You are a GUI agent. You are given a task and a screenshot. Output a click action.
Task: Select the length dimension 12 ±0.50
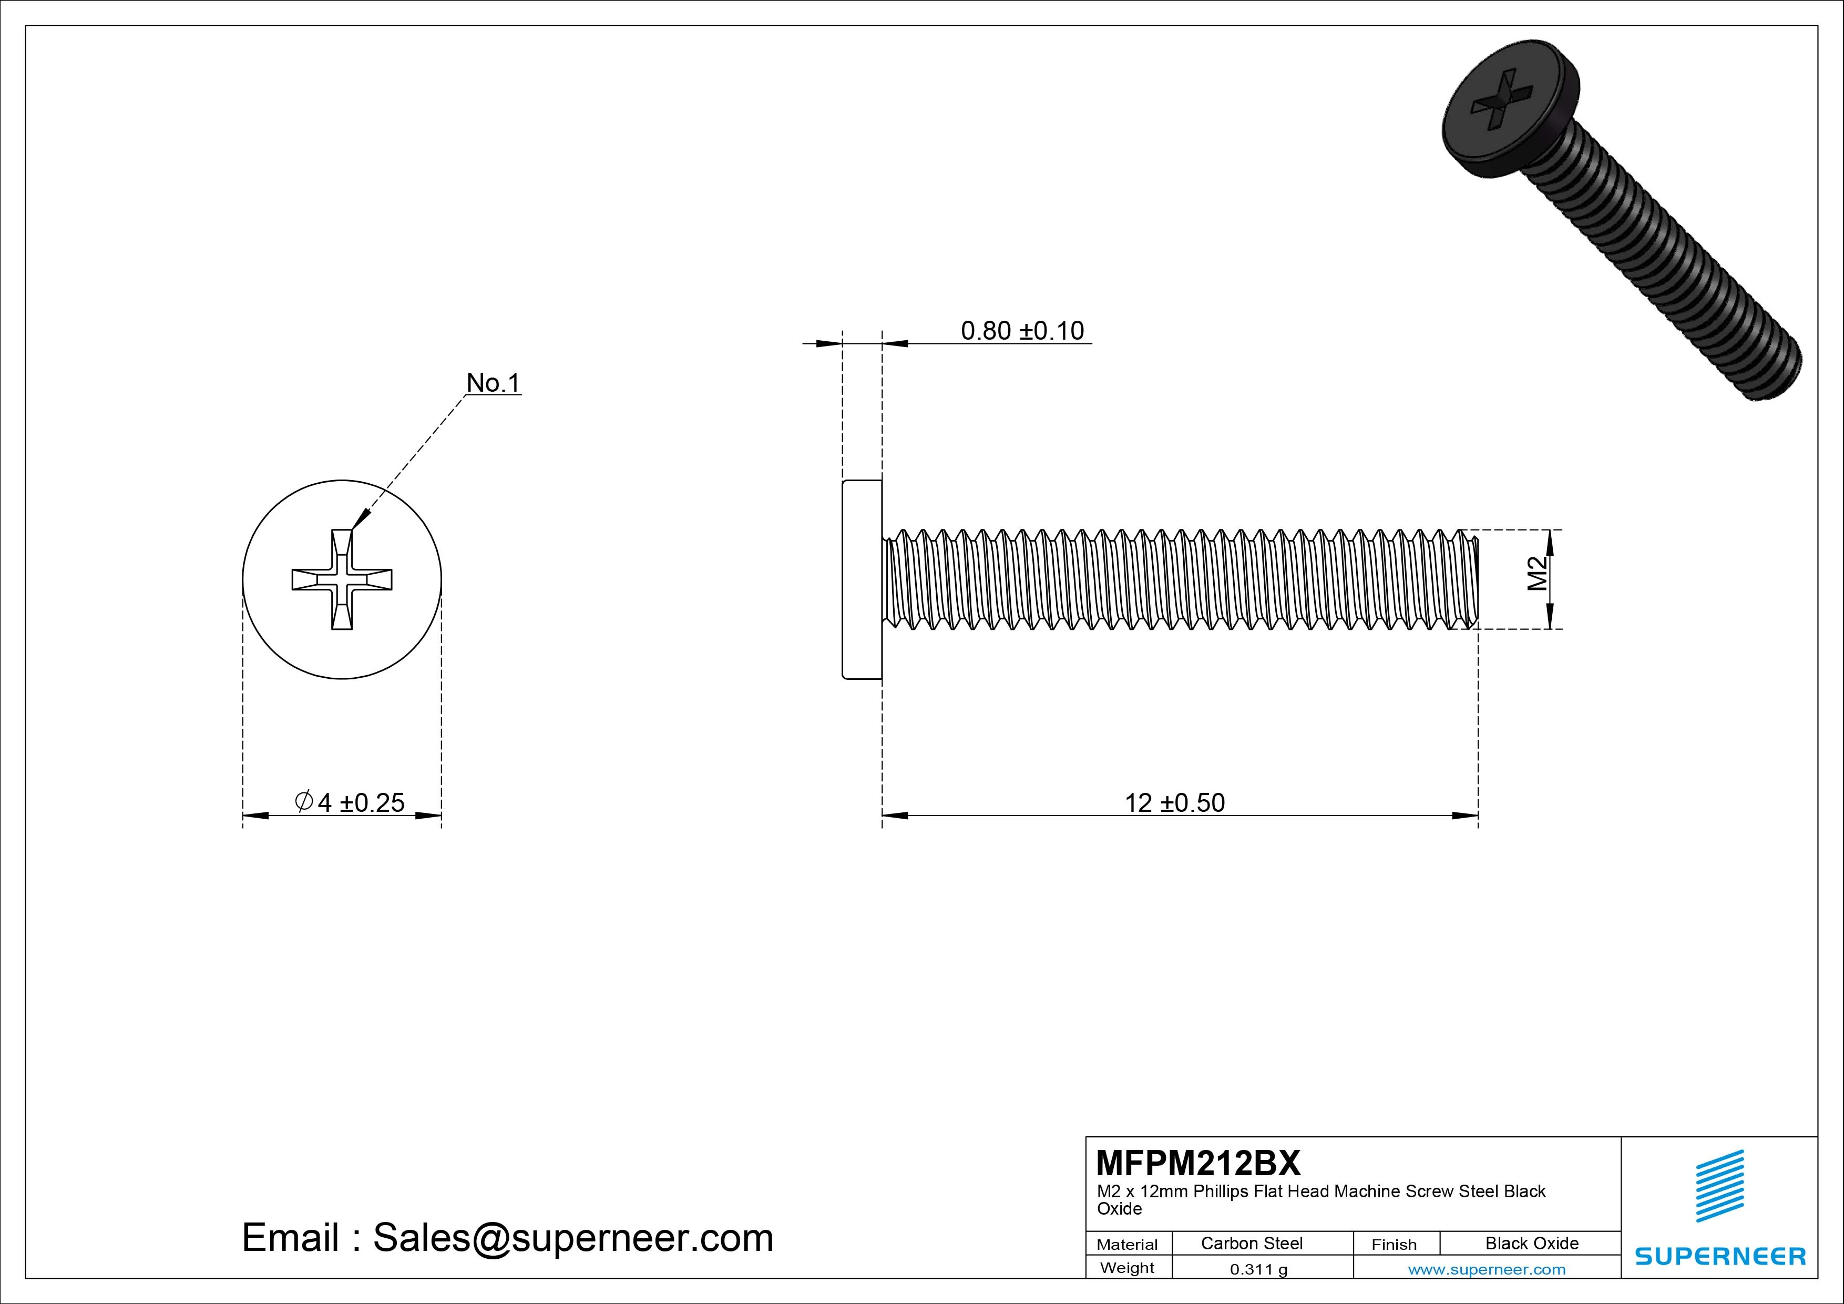(1174, 803)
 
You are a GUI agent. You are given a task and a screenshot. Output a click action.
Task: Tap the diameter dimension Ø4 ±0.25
(350, 803)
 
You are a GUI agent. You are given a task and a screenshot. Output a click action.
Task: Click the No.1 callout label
(493, 383)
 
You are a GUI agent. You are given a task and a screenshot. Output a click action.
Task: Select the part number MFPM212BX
(1197, 1163)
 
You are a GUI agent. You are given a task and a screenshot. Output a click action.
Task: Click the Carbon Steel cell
(1251, 1243)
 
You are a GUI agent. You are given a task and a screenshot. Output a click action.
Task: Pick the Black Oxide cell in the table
(1532, 1243)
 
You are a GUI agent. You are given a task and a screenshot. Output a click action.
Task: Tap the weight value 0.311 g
(1258, 1269)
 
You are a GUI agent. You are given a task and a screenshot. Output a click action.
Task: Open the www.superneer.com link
(1487, 1269)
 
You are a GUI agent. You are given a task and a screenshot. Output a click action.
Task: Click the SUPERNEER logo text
(1719, 1256)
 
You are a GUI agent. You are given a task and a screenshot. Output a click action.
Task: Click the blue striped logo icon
(1719, 1186)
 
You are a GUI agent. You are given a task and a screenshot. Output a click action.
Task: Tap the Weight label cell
(1127, 1268)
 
